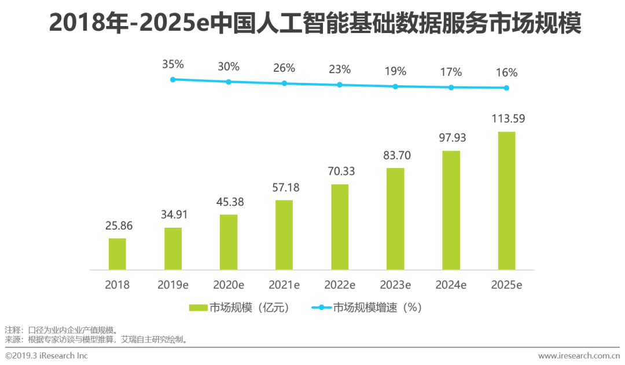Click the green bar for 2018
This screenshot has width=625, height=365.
(117, 254)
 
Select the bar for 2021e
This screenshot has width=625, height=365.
(284, 235)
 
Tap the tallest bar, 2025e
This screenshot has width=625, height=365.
(506, 200)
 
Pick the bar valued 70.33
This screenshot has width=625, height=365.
(340, 227)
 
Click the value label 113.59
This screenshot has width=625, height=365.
(506, 119)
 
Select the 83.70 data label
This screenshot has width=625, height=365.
(395, 155)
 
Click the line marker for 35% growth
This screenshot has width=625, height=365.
(172, 79)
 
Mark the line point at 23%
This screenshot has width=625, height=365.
(340, 85)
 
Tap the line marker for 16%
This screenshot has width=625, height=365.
(506, 88)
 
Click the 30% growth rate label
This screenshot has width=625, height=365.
(228, 67)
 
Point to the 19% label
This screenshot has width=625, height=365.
(395, 71)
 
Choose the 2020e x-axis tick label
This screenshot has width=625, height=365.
(228, 285)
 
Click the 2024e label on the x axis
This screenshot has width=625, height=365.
(451, 285)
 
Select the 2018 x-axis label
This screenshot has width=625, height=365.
(117, 285)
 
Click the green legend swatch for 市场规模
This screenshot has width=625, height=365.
(197, 308)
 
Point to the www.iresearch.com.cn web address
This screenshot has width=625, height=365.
(580, 355)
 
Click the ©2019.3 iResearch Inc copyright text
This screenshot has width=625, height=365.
(46, 355)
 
